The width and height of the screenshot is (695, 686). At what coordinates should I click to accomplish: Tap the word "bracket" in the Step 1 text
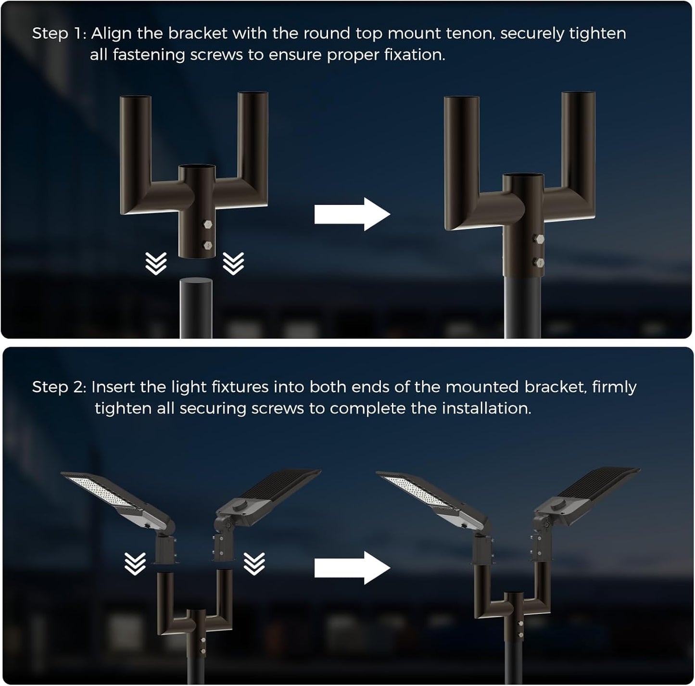click(x=198, y=33)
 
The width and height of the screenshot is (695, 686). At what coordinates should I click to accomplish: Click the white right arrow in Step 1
click(x=352, y=214)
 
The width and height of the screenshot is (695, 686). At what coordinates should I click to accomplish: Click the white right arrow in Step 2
click(x=352, y=568)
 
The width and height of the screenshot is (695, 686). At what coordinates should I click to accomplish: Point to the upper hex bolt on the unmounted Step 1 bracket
click(x=208, y=225)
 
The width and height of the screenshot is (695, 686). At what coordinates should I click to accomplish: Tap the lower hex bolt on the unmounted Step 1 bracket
click(x=208, y=245)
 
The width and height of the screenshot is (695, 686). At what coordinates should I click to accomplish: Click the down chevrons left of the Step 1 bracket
click(x=156, y=263)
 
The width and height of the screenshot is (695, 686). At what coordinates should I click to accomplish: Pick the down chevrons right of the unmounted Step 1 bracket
click(x=233, y=263)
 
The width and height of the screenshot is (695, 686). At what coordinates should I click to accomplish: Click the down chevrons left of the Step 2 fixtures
click(x=135, y=564)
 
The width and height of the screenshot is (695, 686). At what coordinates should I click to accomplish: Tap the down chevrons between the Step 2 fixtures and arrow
click(x=254, y=564)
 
